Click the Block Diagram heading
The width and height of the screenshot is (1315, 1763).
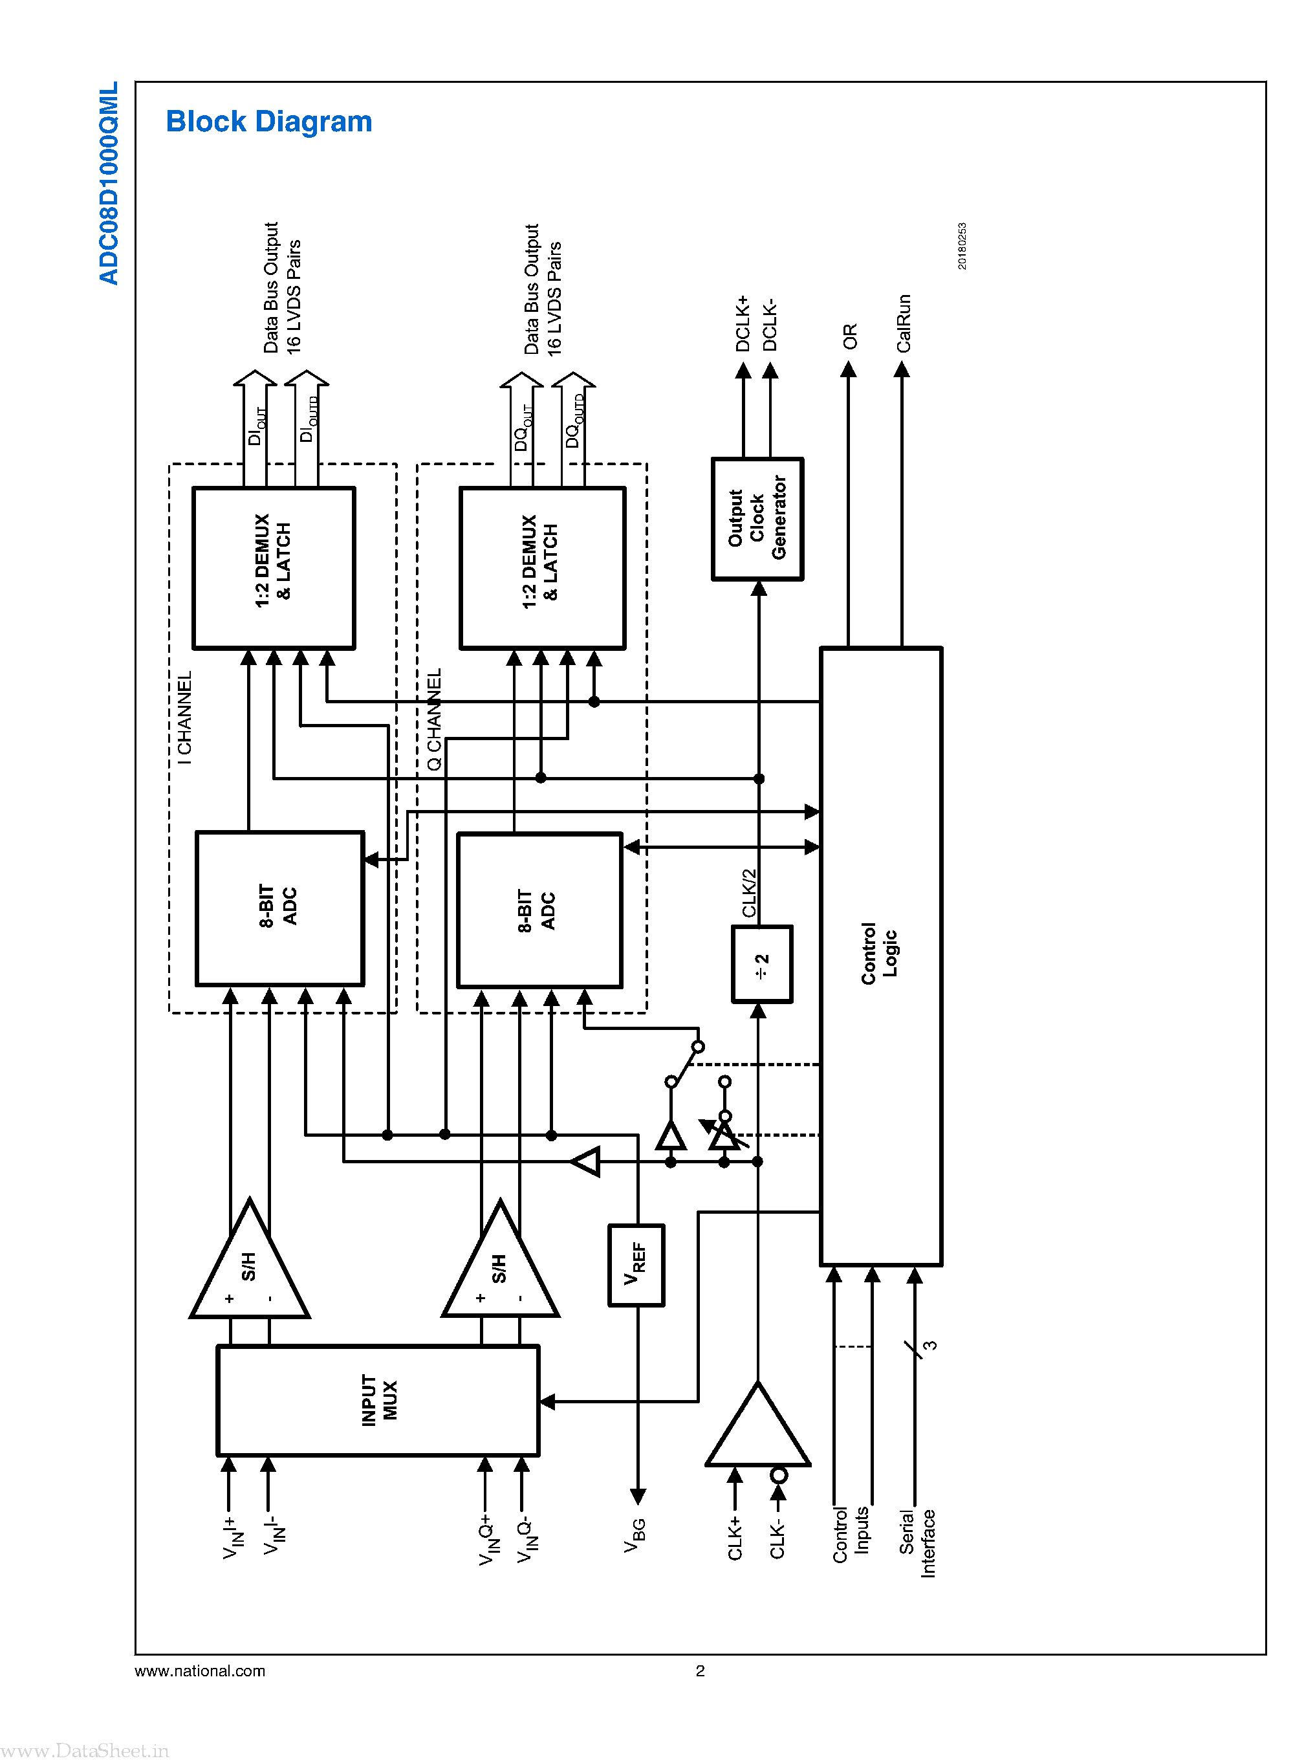[x=268, y=122]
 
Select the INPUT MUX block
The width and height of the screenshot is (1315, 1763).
[x=378, y=1400]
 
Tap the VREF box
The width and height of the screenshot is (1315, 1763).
[x=635, y=1265]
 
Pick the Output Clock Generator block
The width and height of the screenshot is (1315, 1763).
[x=756, y=518]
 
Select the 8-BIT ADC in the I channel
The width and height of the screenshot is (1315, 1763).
[x=279, y=908]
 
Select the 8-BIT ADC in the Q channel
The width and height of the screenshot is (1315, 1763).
[x=539, y=910]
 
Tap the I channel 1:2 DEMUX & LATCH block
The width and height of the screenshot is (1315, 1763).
[x=273, y=568]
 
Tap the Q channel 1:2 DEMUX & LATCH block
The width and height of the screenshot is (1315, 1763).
[x=541, y=569]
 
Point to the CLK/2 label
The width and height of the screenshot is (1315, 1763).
[x=749, y=893]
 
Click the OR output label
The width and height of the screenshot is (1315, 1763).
[x=849, y=336]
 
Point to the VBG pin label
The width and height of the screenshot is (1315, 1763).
[x=635, y=1535]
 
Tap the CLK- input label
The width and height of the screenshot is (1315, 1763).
[x=777, y=1539]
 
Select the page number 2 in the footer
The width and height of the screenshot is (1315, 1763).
[x=700, y=1670]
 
